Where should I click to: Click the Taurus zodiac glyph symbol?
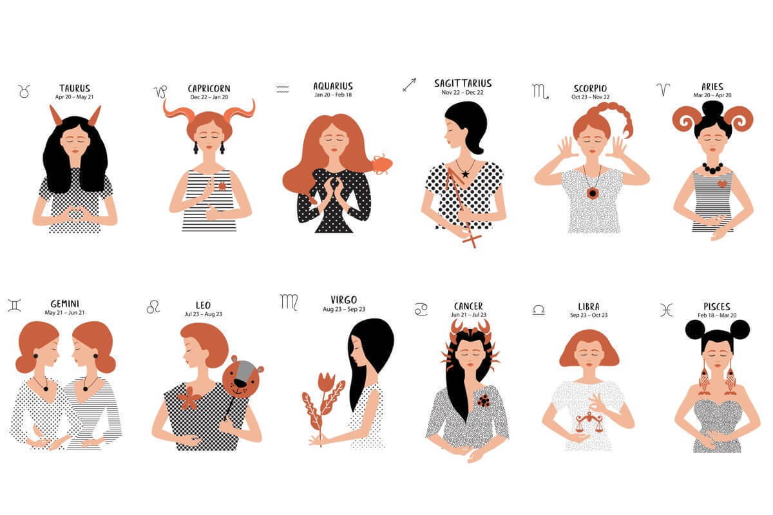[x=24, y=91]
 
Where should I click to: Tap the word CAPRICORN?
[x=209, y=89]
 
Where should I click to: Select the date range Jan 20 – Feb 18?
[x=333, y=95]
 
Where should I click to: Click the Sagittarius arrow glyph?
[x=410, y=85]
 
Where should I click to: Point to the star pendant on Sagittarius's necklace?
[x=465, y=174]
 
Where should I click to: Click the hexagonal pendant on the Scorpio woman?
[x=593, y=193]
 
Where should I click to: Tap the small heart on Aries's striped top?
[x=722, y=183]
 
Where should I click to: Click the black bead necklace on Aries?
[x=712, y=168]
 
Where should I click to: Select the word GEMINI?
[x=65, y=304]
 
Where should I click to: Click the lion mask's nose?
[x=240, y=383]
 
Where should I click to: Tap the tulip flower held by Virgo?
[x=326, y=382]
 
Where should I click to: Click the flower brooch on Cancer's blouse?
[x=484, y=401]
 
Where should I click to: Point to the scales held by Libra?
[x=589, y=422]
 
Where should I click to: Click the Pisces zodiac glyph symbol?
[x=667, y=310]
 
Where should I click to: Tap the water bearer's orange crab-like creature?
[x=383, y=164]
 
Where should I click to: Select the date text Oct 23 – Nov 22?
[x=591, y=97]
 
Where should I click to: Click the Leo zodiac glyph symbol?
[x=153, y=306]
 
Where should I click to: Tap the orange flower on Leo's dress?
[x=189, y=398]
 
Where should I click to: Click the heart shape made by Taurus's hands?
[x=75, y=214]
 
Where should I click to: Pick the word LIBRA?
[x=589, y=306]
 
